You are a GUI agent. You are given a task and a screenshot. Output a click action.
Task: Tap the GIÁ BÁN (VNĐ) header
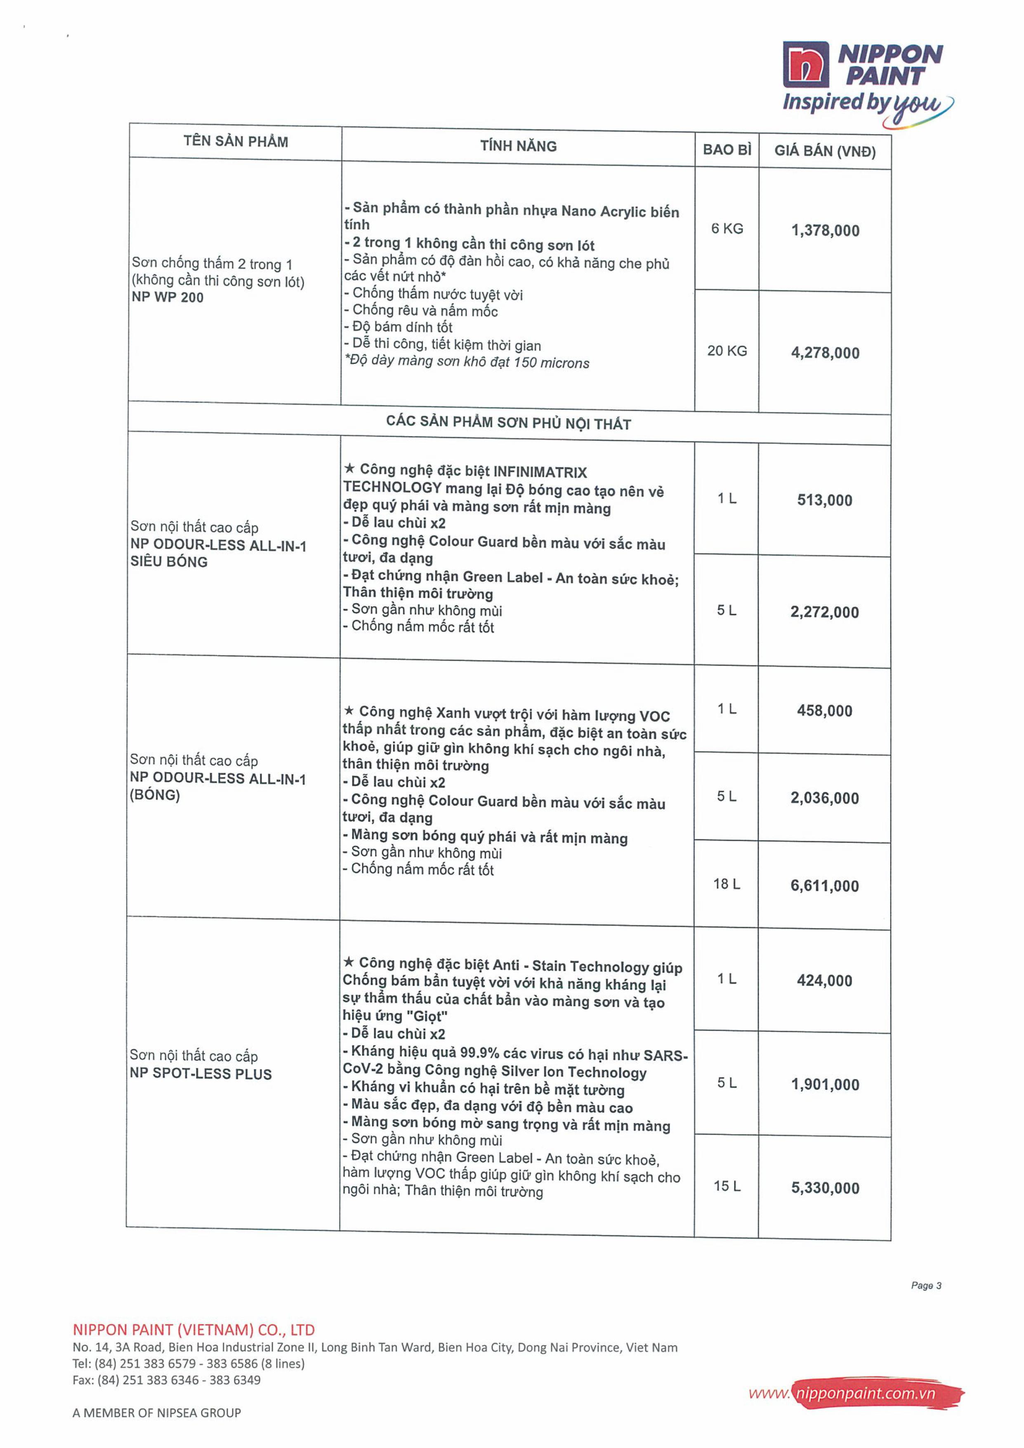tap(825, 151)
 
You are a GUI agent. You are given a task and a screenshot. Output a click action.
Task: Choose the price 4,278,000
tap(825, 353)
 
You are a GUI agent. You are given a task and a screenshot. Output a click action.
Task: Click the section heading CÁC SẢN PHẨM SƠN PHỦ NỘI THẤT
tap(509, 423)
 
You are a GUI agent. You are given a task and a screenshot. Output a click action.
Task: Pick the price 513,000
tap(825, 501)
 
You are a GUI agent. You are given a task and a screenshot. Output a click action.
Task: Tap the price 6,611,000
tap(825, 886)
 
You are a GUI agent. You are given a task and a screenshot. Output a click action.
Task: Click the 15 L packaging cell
tap(727, 1186)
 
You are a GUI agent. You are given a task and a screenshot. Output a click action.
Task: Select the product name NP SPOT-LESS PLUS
tap(201, 1074)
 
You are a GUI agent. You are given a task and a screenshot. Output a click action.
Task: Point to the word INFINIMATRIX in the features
tap(540, 472)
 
